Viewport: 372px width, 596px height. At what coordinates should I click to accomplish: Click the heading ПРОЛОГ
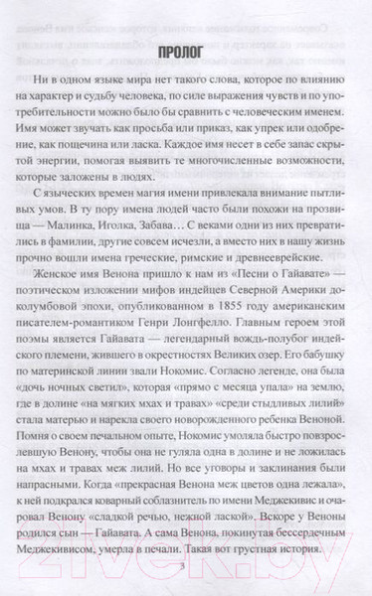click(x=185, y=49)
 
